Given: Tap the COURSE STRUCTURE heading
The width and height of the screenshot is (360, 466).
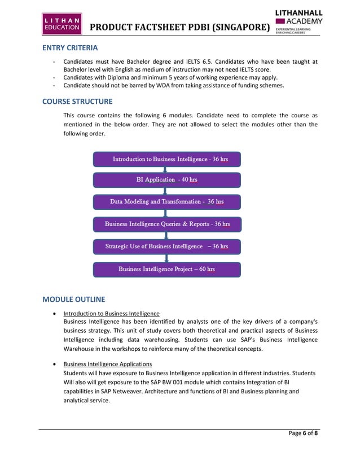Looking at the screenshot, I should (77, 102).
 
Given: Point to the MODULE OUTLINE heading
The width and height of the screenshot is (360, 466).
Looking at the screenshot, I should (73, 298).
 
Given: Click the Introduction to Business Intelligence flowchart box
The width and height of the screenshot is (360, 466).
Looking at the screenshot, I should (167, 159).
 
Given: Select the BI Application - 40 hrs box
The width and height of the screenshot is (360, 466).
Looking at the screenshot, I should (167, 180).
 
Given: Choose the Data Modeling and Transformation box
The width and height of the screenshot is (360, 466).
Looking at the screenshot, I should (167, 202).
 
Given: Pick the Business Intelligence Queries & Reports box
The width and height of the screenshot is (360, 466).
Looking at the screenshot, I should (167, 224).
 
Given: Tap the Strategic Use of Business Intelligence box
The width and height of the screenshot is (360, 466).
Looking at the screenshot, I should (167, 247).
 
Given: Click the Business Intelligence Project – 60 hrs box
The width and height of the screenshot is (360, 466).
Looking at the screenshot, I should (167, 269).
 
